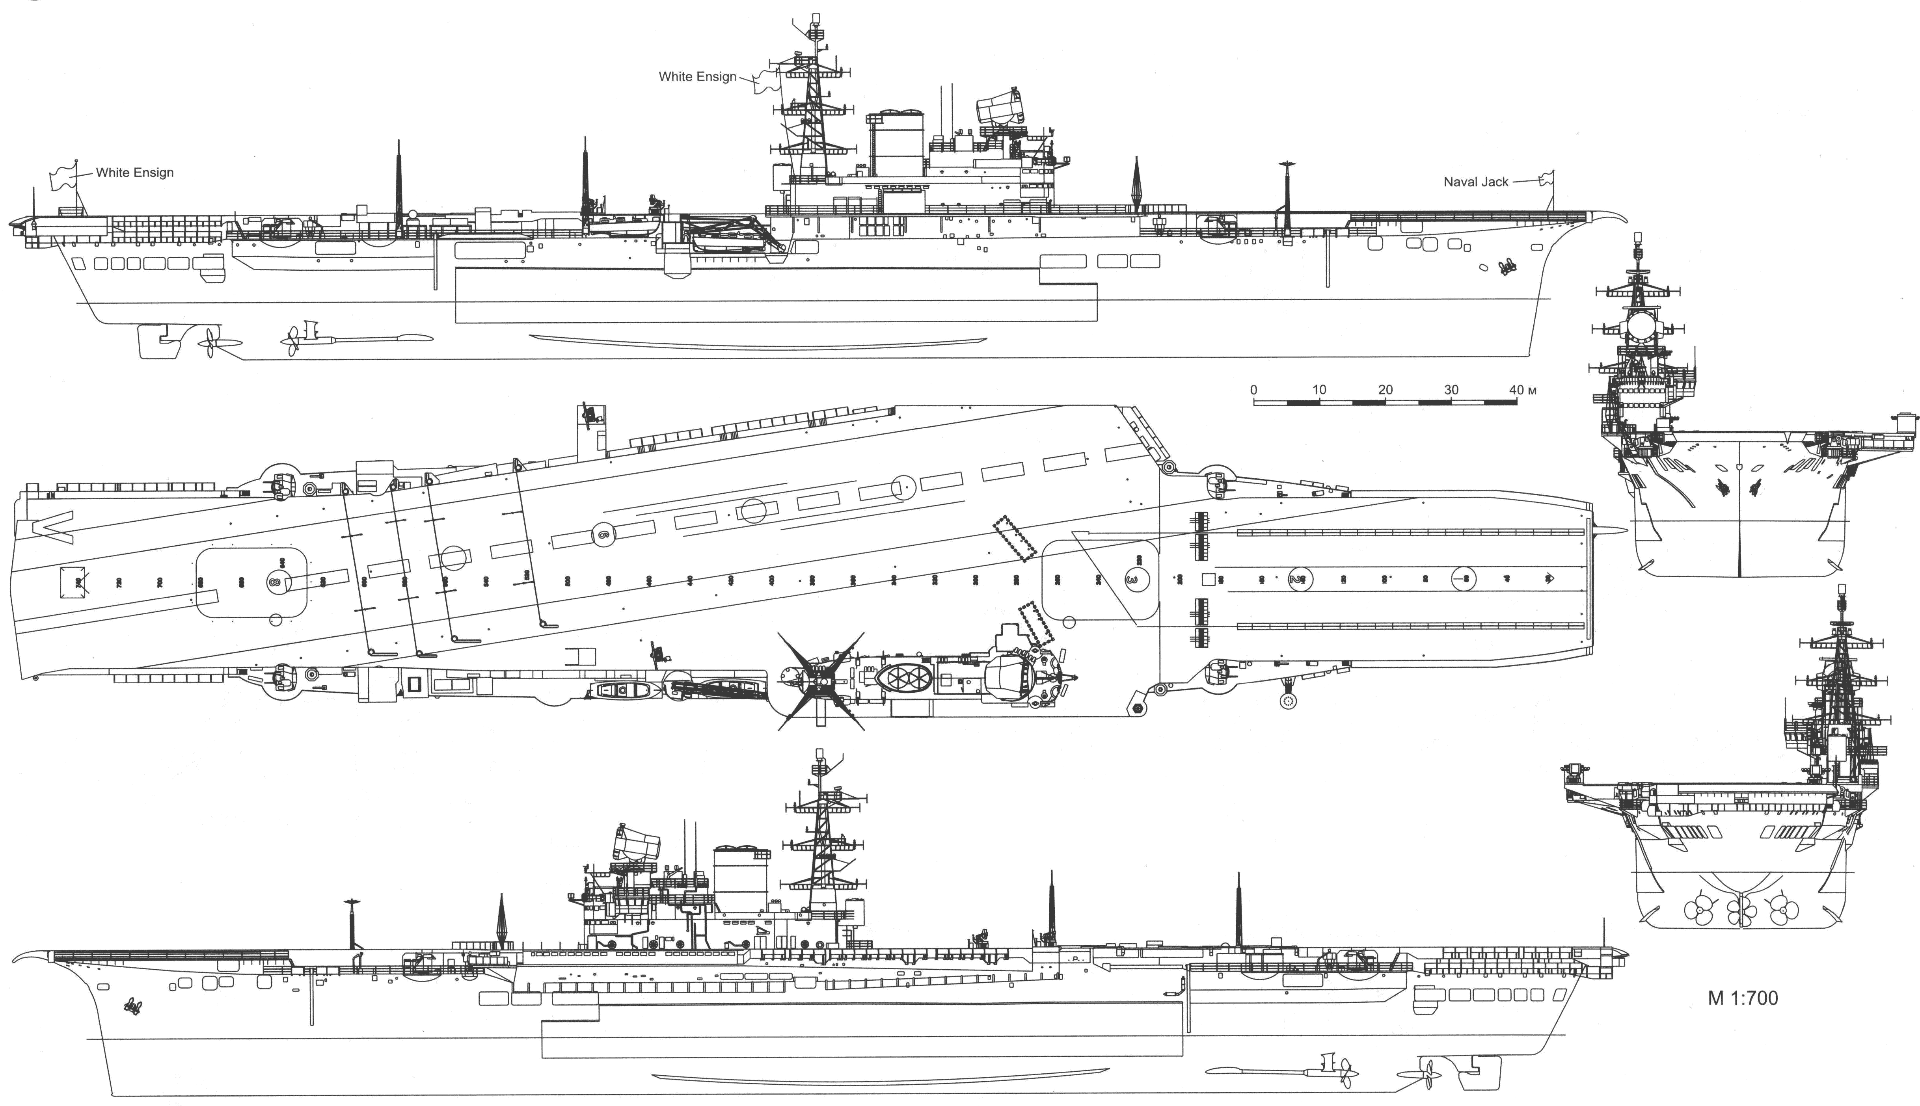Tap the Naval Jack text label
pyautogui.click(x=1475, y=182)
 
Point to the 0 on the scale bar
pyautogui.click(x=1254, y=390)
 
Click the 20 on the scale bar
pyautogui.click(x=1385, y=390)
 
